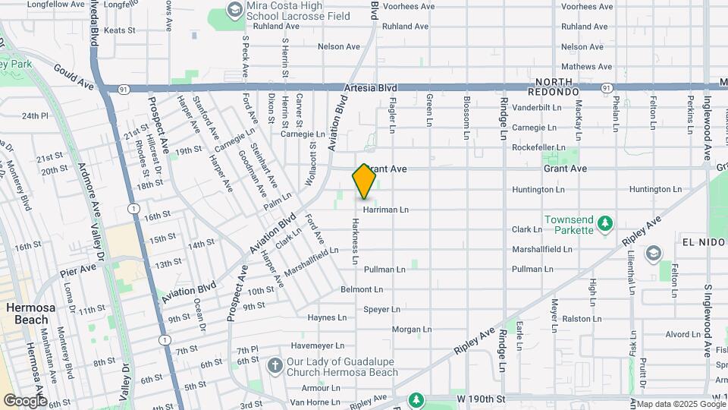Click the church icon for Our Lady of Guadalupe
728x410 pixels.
[x=274, y=367]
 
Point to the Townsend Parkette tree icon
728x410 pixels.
[x=604, y=223]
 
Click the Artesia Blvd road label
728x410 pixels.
[x=370, y=88]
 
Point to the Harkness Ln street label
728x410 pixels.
[x=355, y=241]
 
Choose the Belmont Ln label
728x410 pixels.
[x=362, y=289]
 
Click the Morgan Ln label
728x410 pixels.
[x=412, y=330]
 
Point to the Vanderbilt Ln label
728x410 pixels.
[x=535, y=108]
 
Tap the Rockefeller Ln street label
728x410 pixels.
[x=538, y=147]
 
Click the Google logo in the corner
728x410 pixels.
[x=25, y=400]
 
